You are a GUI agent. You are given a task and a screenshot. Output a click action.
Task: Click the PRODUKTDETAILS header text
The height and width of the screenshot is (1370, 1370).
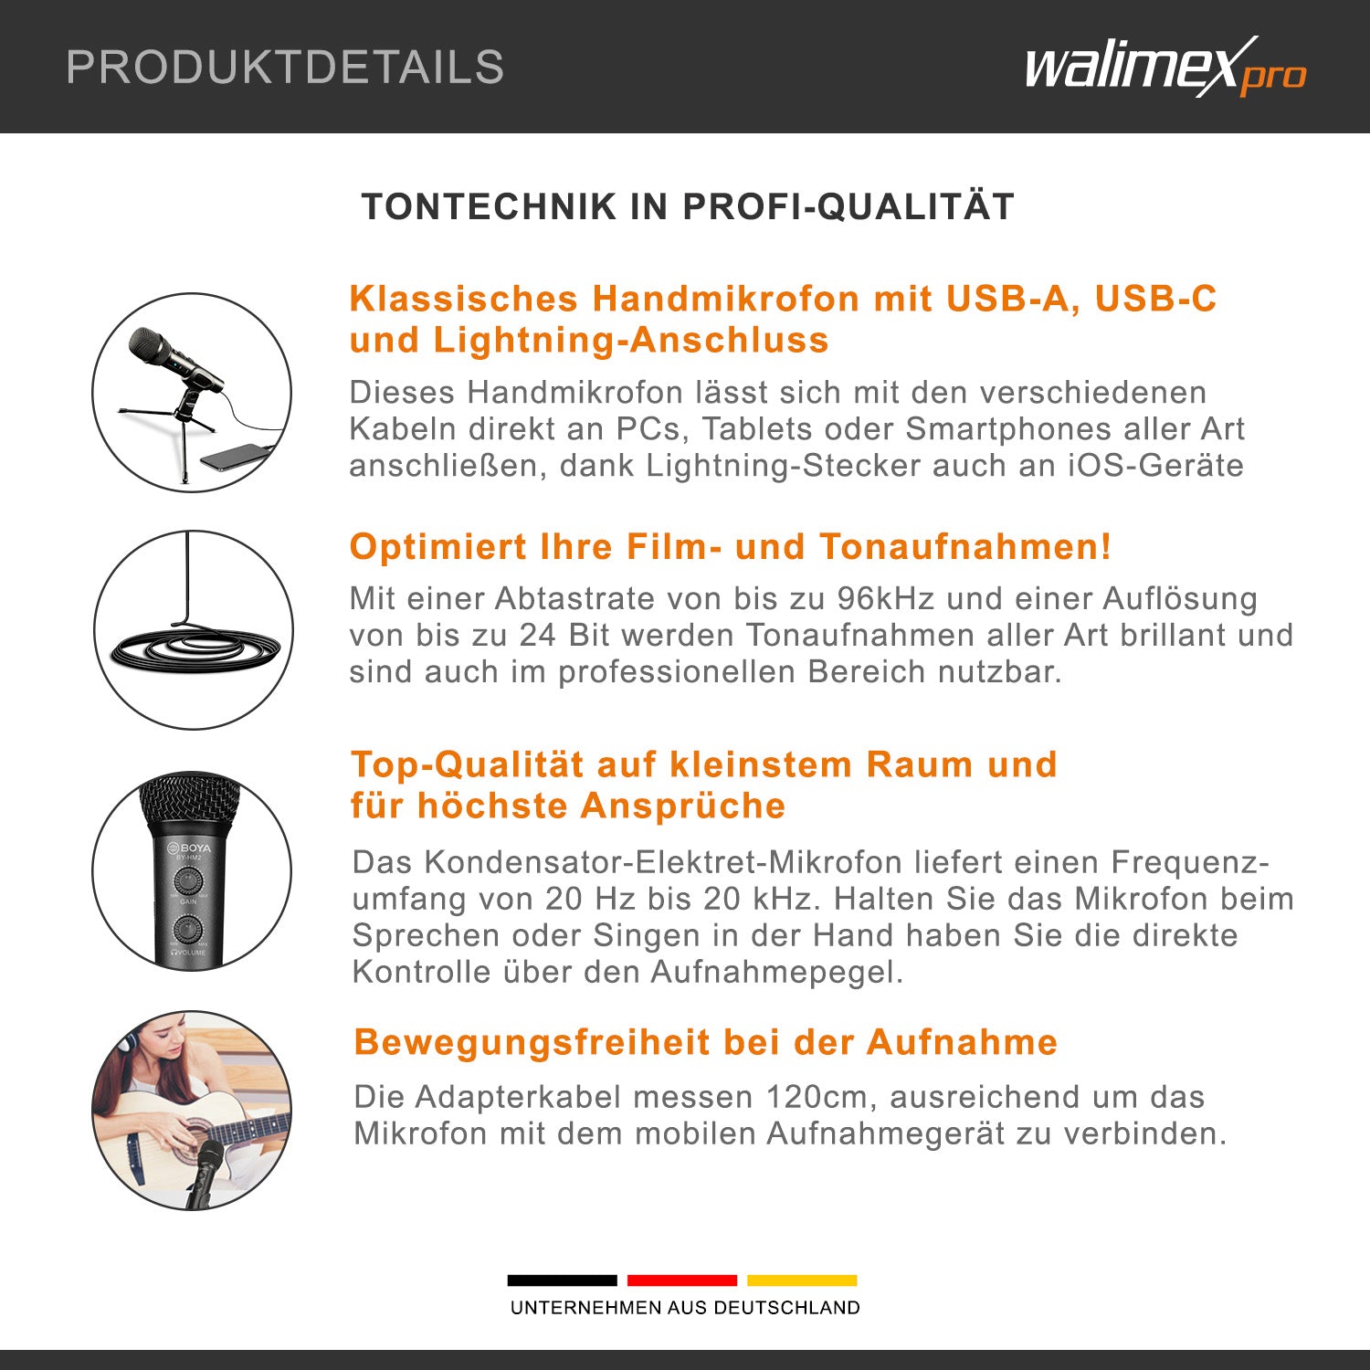pyautogui.click(x=285, y=68)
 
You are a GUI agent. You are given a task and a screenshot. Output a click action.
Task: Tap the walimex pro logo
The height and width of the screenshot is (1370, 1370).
pyautogui.click(x=1165, y=67)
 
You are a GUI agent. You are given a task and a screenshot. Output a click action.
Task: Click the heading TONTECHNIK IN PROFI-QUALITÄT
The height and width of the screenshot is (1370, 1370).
pyautogui.click(x=688, y=206)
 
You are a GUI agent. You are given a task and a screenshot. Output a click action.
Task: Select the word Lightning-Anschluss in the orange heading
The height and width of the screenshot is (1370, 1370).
pyautogui.click(x=630, y=340)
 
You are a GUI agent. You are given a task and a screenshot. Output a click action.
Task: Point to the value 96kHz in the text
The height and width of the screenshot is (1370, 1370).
pyautogui.click(x=886, y=598)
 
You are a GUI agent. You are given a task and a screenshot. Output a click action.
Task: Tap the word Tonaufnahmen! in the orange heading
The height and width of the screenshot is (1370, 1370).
pyautogui.click(x=965, y=546)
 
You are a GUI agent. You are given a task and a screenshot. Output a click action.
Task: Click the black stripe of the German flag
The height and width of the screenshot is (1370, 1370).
pyautogui.click(x=562, y=1280)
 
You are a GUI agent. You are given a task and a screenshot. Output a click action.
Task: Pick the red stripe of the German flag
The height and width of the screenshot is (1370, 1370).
pyautogui.click(x=682, y=1280)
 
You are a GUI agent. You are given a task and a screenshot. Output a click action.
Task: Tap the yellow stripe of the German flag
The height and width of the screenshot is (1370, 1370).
pyautogui.click(x=802, y=1280)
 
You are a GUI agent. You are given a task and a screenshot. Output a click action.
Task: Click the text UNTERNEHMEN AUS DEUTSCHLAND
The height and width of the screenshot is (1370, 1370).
pyautogui.click(x=685, y=1308)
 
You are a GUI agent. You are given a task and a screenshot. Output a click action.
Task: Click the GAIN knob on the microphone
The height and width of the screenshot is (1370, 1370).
pyautogui.click(x=188, y=881)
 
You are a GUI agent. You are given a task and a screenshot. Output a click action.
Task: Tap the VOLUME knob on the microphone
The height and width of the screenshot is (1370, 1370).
pyautogui.click(x=188, y=930)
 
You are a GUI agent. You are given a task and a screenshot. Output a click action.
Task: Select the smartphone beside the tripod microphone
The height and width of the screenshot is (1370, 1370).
pyautogui.click(x=237, y=456)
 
